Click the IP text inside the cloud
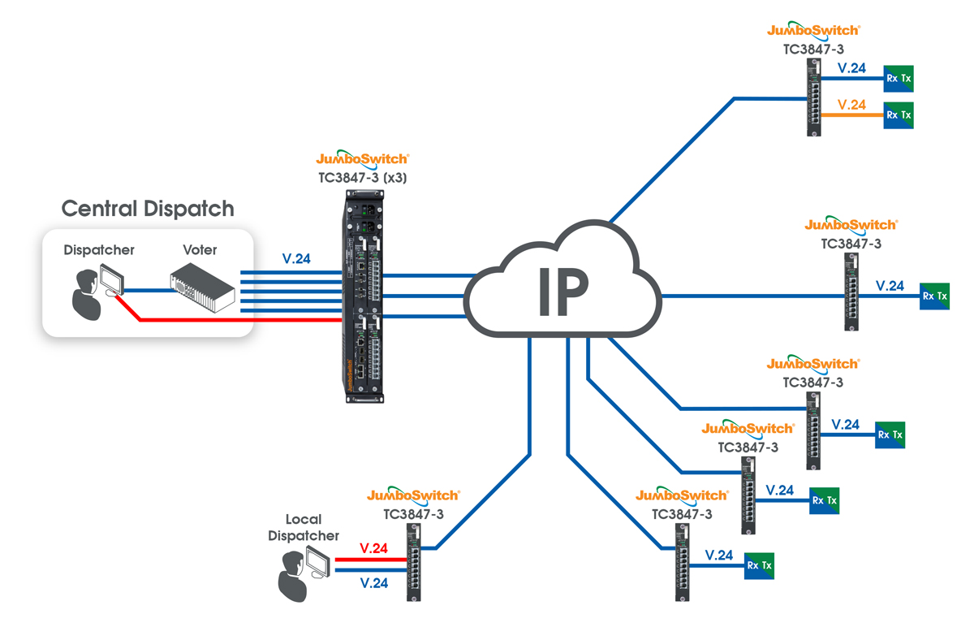563,291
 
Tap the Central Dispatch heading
148,209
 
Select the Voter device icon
203,288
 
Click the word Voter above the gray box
200,250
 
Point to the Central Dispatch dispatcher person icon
87,295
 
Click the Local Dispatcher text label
304,527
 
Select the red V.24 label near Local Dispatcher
373,548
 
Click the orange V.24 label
851,105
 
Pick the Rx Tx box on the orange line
899,115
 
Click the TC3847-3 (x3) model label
363,178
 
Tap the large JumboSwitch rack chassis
364,296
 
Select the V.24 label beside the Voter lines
296,259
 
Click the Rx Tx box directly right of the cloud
934,296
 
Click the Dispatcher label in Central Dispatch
99,250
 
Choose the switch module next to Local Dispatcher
413,562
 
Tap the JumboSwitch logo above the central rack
363,158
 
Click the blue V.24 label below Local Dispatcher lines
374,583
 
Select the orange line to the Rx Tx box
852,115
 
